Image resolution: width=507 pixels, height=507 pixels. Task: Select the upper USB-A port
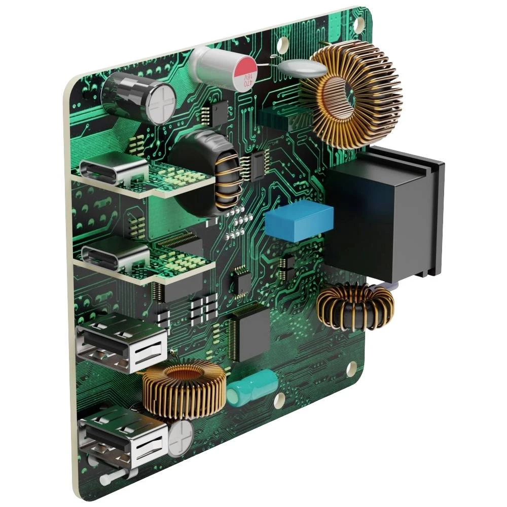click(122, 342)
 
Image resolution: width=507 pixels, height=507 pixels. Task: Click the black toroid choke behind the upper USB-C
click(208, 172)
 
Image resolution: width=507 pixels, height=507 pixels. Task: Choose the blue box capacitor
click(299, 221)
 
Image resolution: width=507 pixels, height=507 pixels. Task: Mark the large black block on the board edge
click(385, 213)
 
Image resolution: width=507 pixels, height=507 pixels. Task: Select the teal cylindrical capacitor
click(252, 387)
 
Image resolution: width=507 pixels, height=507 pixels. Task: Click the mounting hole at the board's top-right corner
click(358, 23)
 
